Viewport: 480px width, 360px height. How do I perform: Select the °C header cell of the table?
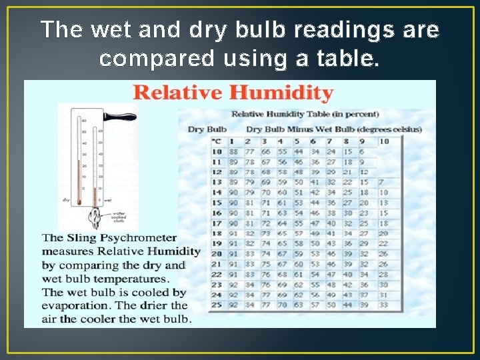tap(216, 141)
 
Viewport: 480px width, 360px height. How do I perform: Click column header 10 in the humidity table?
tap(384, 141)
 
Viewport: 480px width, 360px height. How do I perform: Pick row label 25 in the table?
tap(216, 305)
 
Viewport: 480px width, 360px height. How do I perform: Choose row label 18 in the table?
tap(216, 233)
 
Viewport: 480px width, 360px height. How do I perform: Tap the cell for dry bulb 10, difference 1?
tap(233, 152)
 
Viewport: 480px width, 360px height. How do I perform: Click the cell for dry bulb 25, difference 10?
tap(384, 305)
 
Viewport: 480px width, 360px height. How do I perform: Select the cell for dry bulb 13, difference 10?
tap(382, 182)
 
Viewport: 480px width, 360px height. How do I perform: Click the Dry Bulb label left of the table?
tap(207, 129)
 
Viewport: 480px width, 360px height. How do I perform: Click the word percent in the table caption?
tap(357, 115)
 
